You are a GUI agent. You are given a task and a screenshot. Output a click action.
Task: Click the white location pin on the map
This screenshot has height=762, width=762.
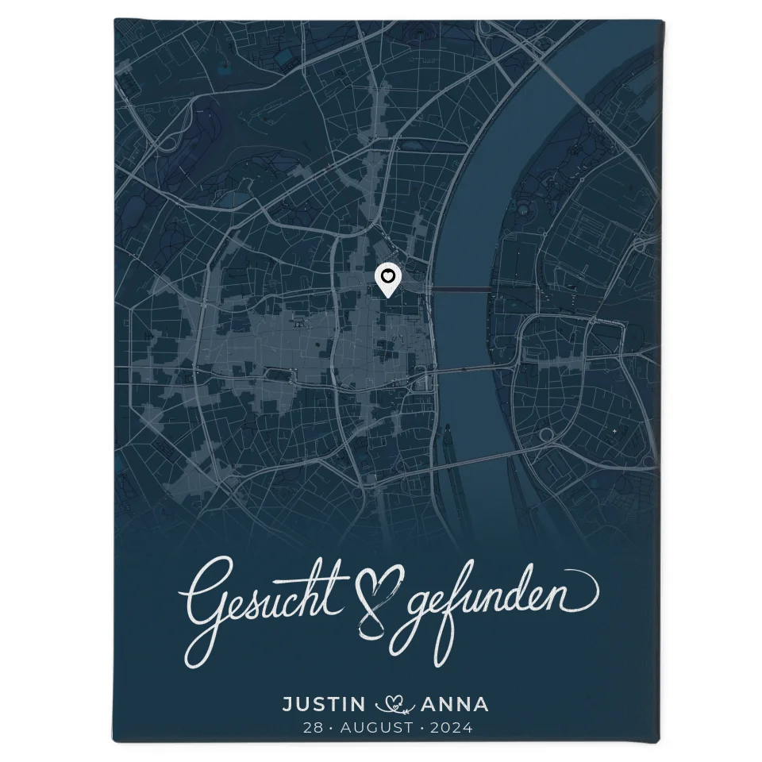coord(387,280)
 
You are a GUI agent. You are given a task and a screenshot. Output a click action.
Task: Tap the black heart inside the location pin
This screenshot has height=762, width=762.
coord(387,275)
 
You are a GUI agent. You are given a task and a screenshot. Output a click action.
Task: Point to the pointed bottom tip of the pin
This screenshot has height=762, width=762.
coord(387,298)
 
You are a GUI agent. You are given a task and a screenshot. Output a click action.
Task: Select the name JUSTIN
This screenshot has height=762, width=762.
coord(324,704)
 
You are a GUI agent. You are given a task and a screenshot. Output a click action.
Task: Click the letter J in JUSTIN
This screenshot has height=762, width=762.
coord(288,704)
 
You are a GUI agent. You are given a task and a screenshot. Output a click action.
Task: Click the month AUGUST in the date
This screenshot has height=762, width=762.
coord(371,727)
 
